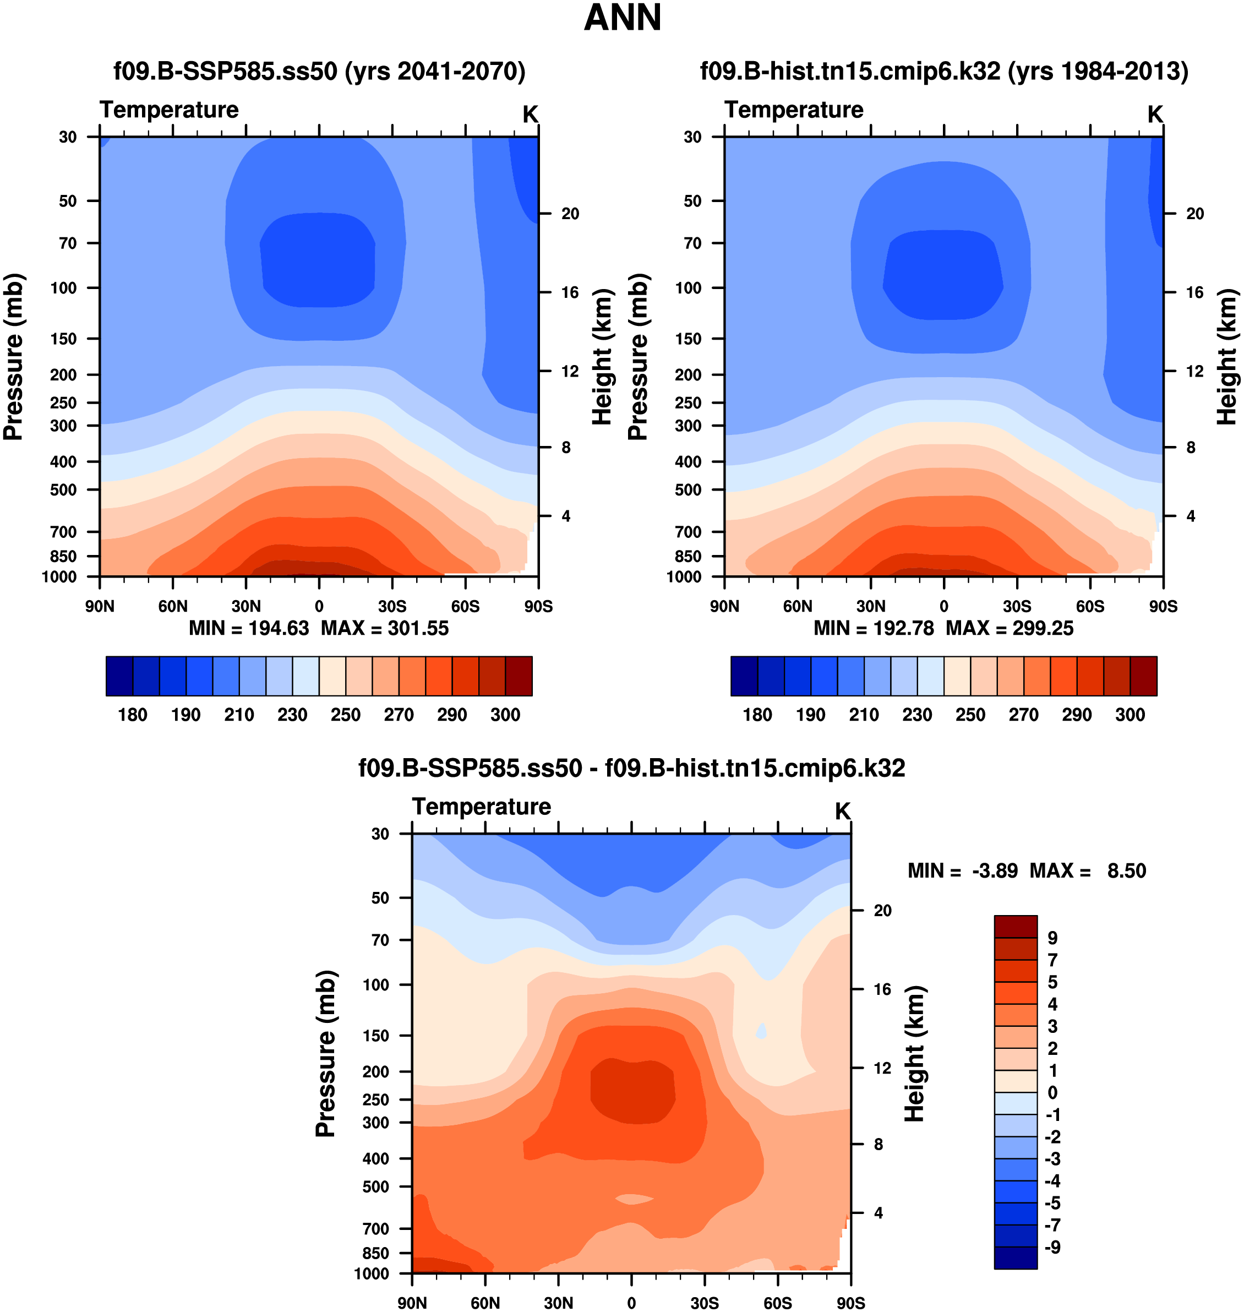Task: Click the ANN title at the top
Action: click(x=622, y=18)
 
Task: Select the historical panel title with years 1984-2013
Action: click(x=943, y=71)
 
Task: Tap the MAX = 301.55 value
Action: click(x=385, y=628)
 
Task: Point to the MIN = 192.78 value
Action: click(x=874, y=628)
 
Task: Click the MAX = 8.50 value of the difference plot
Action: click(x=1088, y=870)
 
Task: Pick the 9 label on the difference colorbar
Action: click(x=1052, y=938)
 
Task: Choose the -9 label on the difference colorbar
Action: click(x=1052, y=1247)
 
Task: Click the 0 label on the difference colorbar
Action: click(x=1052, y=1092)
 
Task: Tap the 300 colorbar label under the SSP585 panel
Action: click(x=505, y=715)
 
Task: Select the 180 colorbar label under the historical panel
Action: click(x=757, y=715)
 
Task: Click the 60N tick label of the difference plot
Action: click(x=485, y=1303)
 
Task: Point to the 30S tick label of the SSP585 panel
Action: click(x=392, y=606)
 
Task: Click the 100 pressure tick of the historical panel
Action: click(x=688, y=288)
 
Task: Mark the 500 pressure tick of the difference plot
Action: click(x=376, y=1186)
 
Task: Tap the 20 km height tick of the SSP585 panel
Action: click(x=570, y=214)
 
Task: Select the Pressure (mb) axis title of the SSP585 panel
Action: click(x=13, y=357)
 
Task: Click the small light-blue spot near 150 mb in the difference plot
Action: click(x=762, y=1031)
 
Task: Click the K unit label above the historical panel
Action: click(x=1154, y=115)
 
